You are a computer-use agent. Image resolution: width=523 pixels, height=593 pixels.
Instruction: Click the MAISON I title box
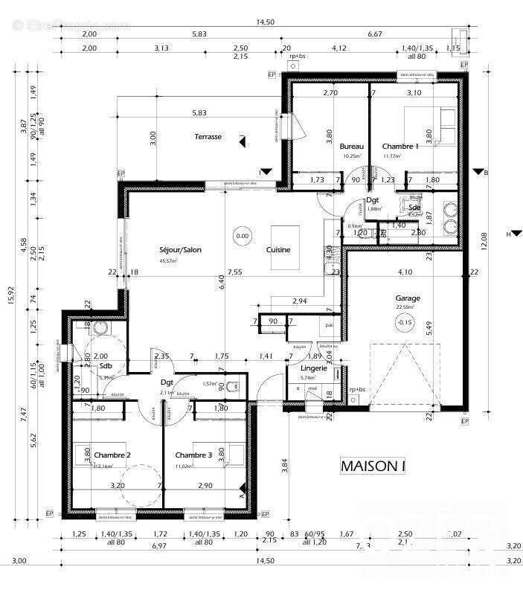point(373,467)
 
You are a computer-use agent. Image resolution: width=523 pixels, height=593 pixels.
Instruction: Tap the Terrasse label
point(208,137)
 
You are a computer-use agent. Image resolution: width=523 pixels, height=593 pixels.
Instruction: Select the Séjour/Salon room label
point(180,250)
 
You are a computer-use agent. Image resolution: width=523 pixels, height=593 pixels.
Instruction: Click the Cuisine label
point(279,250)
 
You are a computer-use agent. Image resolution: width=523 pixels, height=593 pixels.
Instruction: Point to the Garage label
point(407,298)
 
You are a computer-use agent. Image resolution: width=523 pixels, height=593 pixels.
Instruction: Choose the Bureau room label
point(351,147)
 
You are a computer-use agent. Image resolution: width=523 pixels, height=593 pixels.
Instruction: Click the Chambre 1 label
point(400,147)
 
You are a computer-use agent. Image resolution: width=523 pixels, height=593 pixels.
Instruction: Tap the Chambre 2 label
point(113,455)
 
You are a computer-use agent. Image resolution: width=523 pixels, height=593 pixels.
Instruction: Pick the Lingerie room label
point(314,368)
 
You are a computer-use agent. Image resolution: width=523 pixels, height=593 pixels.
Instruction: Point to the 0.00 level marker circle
point(243,237)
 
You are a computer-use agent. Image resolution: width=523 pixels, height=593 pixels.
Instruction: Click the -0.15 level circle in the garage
point(405,322)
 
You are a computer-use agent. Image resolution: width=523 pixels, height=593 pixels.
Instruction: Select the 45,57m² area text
point(170,261)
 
